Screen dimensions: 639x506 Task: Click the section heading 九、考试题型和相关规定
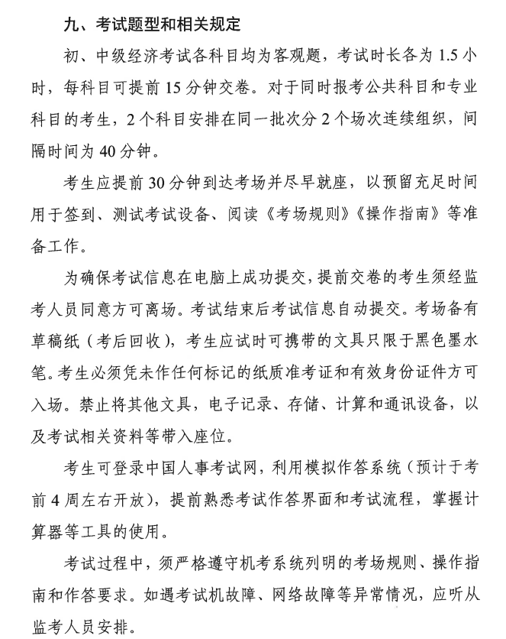[x=153, y=25]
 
